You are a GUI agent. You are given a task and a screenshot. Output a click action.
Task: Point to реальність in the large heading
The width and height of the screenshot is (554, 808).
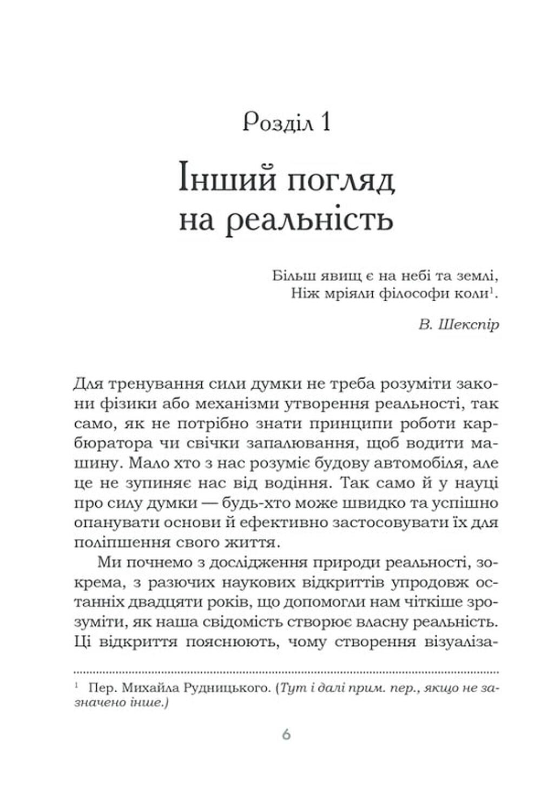(308, 221)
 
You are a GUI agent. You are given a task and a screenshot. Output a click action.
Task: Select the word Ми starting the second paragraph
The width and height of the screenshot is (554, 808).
(109, 562)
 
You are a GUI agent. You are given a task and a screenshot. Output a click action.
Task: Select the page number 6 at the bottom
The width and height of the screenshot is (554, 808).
(286, 734)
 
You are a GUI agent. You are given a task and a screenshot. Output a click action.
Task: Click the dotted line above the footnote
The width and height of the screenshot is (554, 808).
(286, 672)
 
